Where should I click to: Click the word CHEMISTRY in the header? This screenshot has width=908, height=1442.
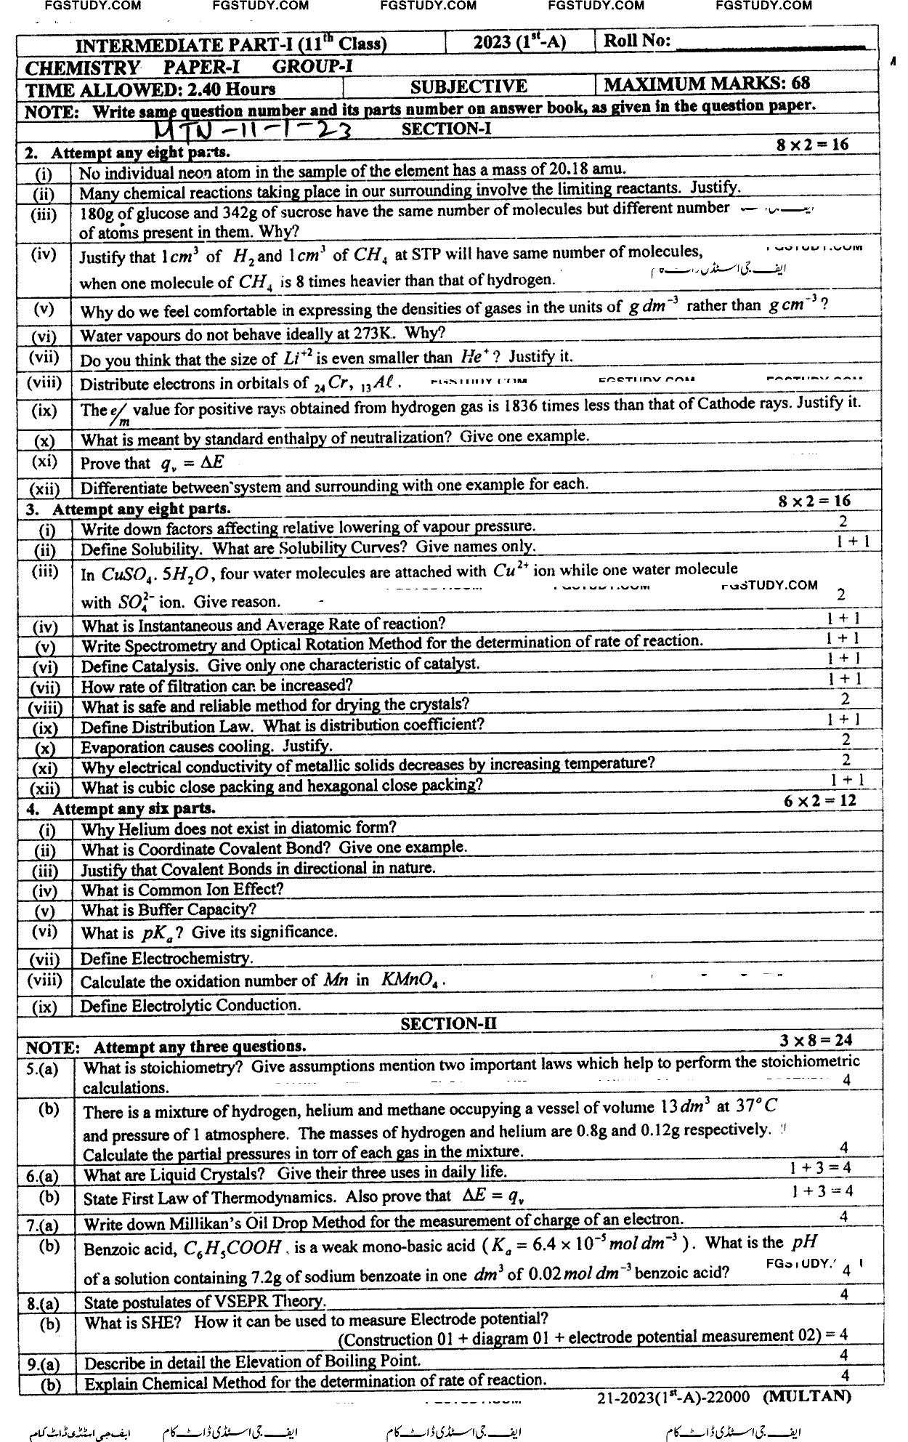pyautogui.click(x=82, y=68)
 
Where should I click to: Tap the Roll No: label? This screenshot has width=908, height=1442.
pyautogui.click(x=637, y=41)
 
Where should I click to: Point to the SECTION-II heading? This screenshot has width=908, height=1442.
pyautogui.click(x=448, y=1023)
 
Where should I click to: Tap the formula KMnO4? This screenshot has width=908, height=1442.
pyautogui.click(x=410, y=980)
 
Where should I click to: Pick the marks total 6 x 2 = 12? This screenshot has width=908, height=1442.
pyautogui.click(x=820, y=801)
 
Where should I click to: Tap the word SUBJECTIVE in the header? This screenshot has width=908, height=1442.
pyautogui.click(x=469, y=87)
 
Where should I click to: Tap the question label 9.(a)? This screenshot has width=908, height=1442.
pyautogui.click(x=43, y=1365)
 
